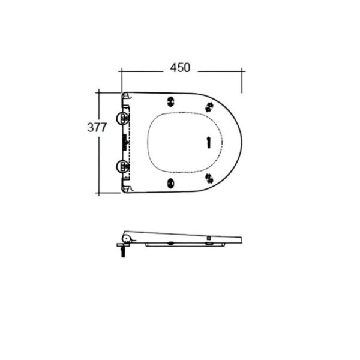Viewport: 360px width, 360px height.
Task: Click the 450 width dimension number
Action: point(180,68)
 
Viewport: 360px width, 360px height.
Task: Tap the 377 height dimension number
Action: point(97,127)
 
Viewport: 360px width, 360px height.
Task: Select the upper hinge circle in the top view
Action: point(123,118)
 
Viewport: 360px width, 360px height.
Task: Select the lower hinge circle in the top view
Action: point(123,166)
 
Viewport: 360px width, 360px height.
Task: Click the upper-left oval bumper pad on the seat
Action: point(170,102)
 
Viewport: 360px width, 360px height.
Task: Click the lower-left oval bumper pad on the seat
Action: point(170,183)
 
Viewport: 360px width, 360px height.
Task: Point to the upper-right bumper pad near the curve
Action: point(209,107)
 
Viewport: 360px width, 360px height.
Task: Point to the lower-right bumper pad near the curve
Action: point(209,179)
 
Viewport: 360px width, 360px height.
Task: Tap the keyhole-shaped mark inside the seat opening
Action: point(209,142)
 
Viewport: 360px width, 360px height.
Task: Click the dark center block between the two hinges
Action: point(125,142)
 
